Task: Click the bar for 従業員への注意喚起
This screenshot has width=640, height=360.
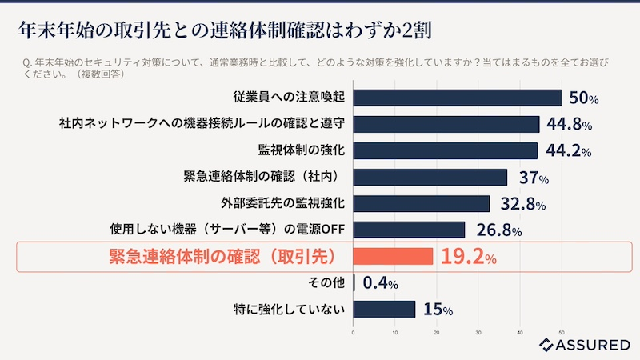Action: point(457,98)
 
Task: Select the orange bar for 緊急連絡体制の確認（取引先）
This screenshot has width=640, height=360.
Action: point(393,257)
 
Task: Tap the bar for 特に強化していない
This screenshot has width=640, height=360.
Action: point(384,309)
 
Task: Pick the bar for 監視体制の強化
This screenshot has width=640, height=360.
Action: point(445,150)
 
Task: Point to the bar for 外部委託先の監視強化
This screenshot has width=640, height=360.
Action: point(421,203)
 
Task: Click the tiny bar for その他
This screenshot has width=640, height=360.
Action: point(354,282)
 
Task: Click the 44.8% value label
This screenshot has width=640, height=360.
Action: point(570,124)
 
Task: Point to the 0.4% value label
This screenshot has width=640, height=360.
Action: point(381,282)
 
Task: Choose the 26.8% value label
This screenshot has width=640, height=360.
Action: point(499,230)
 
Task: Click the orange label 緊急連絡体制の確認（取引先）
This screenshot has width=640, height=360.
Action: point(221,257)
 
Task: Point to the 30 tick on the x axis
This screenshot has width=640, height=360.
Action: point(478,332)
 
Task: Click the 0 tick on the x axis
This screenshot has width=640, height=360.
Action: point(353,332)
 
